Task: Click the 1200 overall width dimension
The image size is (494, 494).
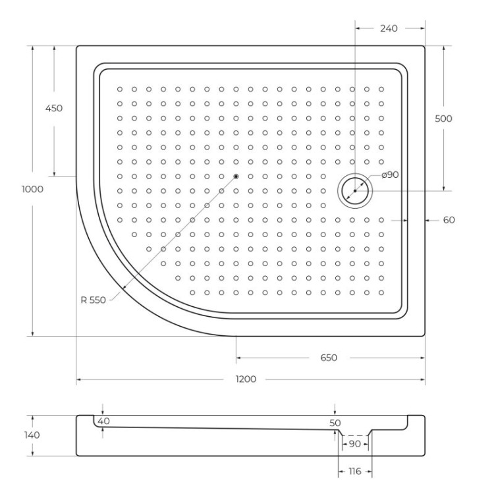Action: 248,380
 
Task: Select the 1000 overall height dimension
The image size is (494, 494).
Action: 32,189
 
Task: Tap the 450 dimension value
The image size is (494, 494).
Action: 53,109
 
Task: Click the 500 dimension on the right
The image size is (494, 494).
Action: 444,119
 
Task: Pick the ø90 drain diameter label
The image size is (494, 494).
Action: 390,175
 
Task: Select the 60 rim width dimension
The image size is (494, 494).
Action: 449,220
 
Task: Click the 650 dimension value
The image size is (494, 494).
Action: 329,358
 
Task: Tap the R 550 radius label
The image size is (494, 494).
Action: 93,300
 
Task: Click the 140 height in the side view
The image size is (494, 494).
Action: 32,435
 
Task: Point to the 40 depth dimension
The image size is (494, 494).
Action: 103,421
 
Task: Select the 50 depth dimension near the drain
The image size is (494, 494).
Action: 335,422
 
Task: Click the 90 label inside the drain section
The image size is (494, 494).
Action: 354,443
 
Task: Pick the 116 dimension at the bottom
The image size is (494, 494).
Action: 355,472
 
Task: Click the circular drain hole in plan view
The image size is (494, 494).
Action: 355,190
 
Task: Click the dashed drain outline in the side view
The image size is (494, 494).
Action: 355,435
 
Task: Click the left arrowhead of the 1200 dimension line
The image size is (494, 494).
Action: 79,380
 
